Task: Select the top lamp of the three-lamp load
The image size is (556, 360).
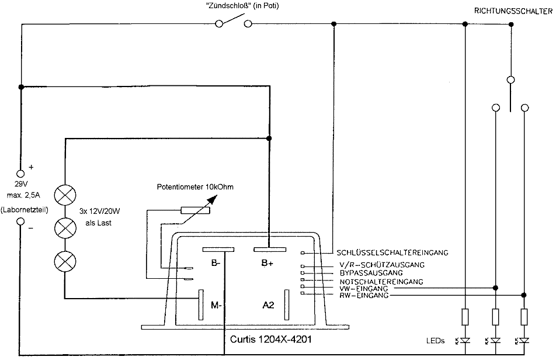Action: pos(63,194)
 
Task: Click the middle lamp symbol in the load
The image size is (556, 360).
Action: pos(63,227)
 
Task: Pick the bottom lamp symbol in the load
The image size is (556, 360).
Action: pos(63,261)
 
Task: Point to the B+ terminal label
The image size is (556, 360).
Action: pos(267,264)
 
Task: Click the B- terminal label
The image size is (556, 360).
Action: pos(216,264)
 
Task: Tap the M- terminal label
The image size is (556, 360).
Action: pos(216,304)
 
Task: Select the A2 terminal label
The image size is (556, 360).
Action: pos(269,304)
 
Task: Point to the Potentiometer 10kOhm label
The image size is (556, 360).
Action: pos(194,187)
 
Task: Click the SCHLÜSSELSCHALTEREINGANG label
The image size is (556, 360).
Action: pos(392,253)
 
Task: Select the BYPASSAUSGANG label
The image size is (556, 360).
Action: pos(371,273)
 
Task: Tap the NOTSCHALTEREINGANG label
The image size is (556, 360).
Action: pos(381,282)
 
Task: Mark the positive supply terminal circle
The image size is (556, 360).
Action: pos(20,174)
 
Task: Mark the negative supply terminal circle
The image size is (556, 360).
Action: pos(20,222)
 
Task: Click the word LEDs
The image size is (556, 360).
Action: pos(436,340)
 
